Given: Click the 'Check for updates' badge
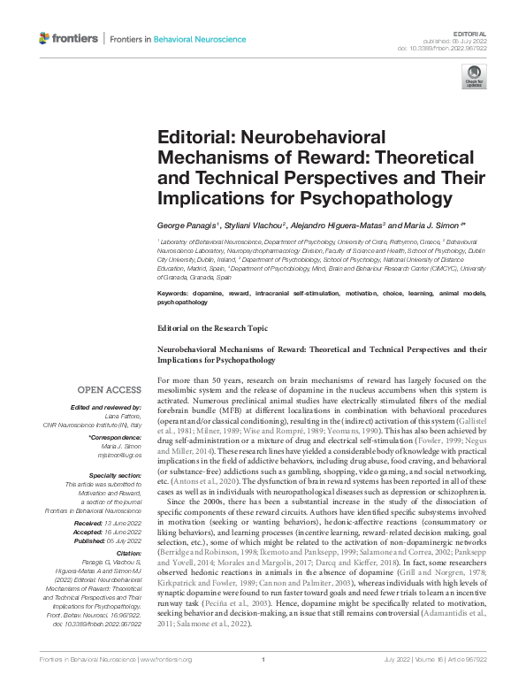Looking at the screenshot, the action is tap(476, 77).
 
